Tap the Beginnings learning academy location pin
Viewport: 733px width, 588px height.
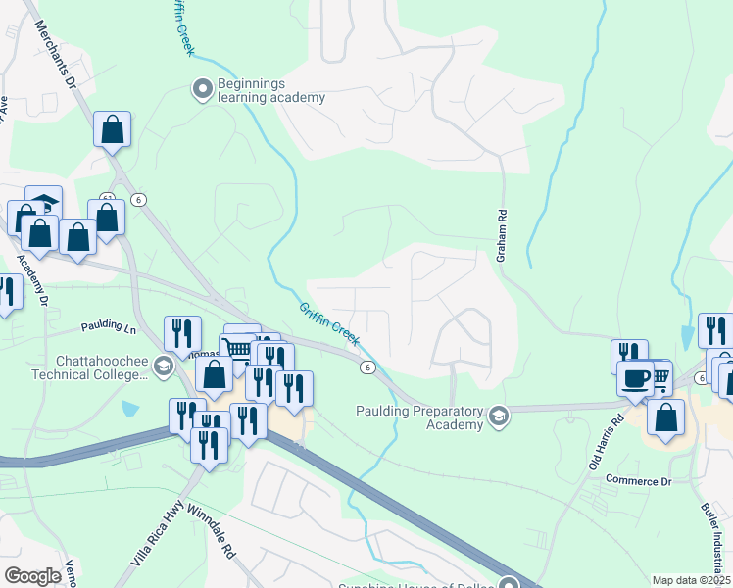pos(203,90)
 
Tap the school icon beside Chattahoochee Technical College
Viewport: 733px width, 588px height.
pos(163,366)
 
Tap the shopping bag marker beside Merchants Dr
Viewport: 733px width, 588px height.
pos(113,129)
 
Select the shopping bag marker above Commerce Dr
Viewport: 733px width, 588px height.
pos(666,416)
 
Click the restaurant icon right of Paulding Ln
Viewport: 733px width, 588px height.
pos(182,333)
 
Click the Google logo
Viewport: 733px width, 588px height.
pos(32,576)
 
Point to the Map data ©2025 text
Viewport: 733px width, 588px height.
pos(691,580)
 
